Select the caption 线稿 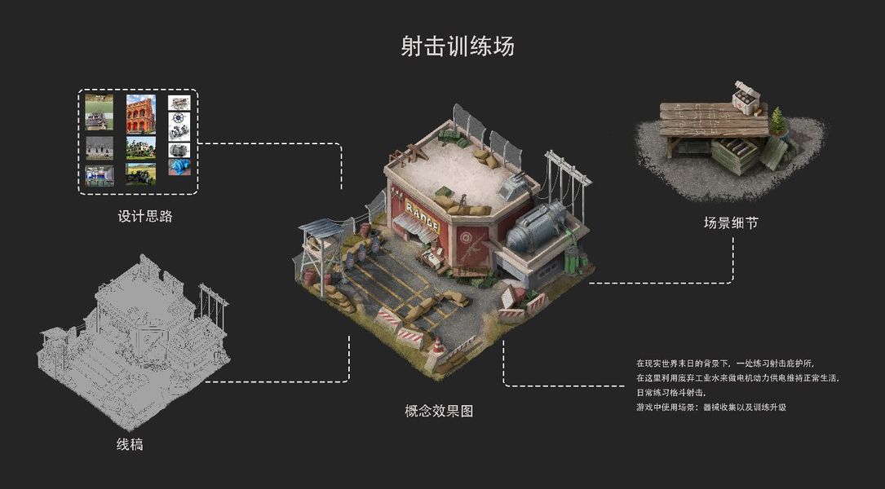coord(131,444)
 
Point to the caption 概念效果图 coord(439,412)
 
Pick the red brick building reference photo coord(140,113)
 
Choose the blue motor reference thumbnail coord(179,167)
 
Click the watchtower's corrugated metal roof coord(325,227)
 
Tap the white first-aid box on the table coord(747,99)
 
